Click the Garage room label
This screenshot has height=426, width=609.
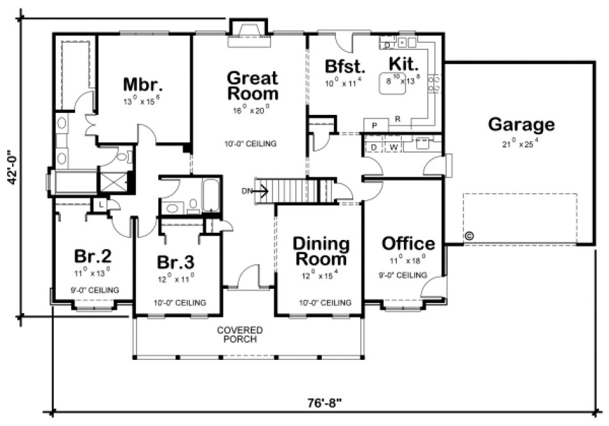pyautogui.click(x=521, y=124)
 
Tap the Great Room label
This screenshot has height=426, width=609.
pyautogui.click(x=253, y=86)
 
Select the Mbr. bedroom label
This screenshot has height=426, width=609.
pyautogui.click(x=143, y=84)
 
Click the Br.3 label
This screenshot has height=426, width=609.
pyautogui.click(x=176, y=262)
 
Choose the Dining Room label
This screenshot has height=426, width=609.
pyautogui.click(x=321, y=251)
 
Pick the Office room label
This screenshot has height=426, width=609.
pyautogui.click(x=408, y=244)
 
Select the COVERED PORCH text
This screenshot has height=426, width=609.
pyautogui.click(x=240, y=334)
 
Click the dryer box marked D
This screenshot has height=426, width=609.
pyautogui.click(x=374, y=146)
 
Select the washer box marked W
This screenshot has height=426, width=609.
pyautogui.click(x=393, y=146)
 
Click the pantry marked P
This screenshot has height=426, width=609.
pyautogui.click(x=374, y=124)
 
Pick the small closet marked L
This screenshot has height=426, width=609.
pyautogui.click(x=101, y=204)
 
